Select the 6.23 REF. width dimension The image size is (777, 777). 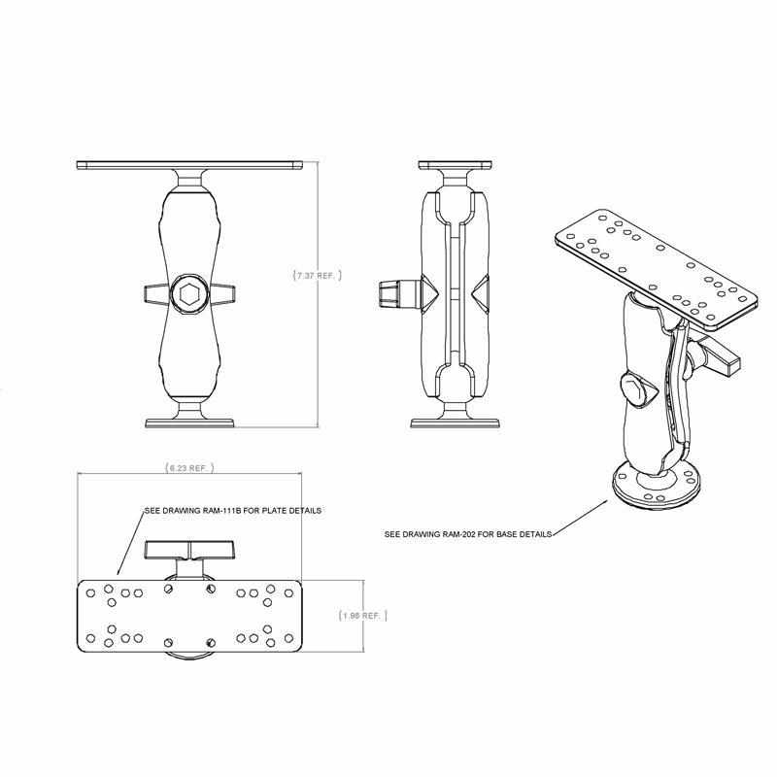pyautogui.click(x=188, y=467)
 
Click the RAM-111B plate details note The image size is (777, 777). pyautogui.click(x=232, y=510)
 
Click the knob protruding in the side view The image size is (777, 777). pyautogui.click(x=389, y=292)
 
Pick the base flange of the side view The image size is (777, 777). pyautogui.click(x=455, y=422)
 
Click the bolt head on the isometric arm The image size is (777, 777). pyautogui.click(x=634, y=390)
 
